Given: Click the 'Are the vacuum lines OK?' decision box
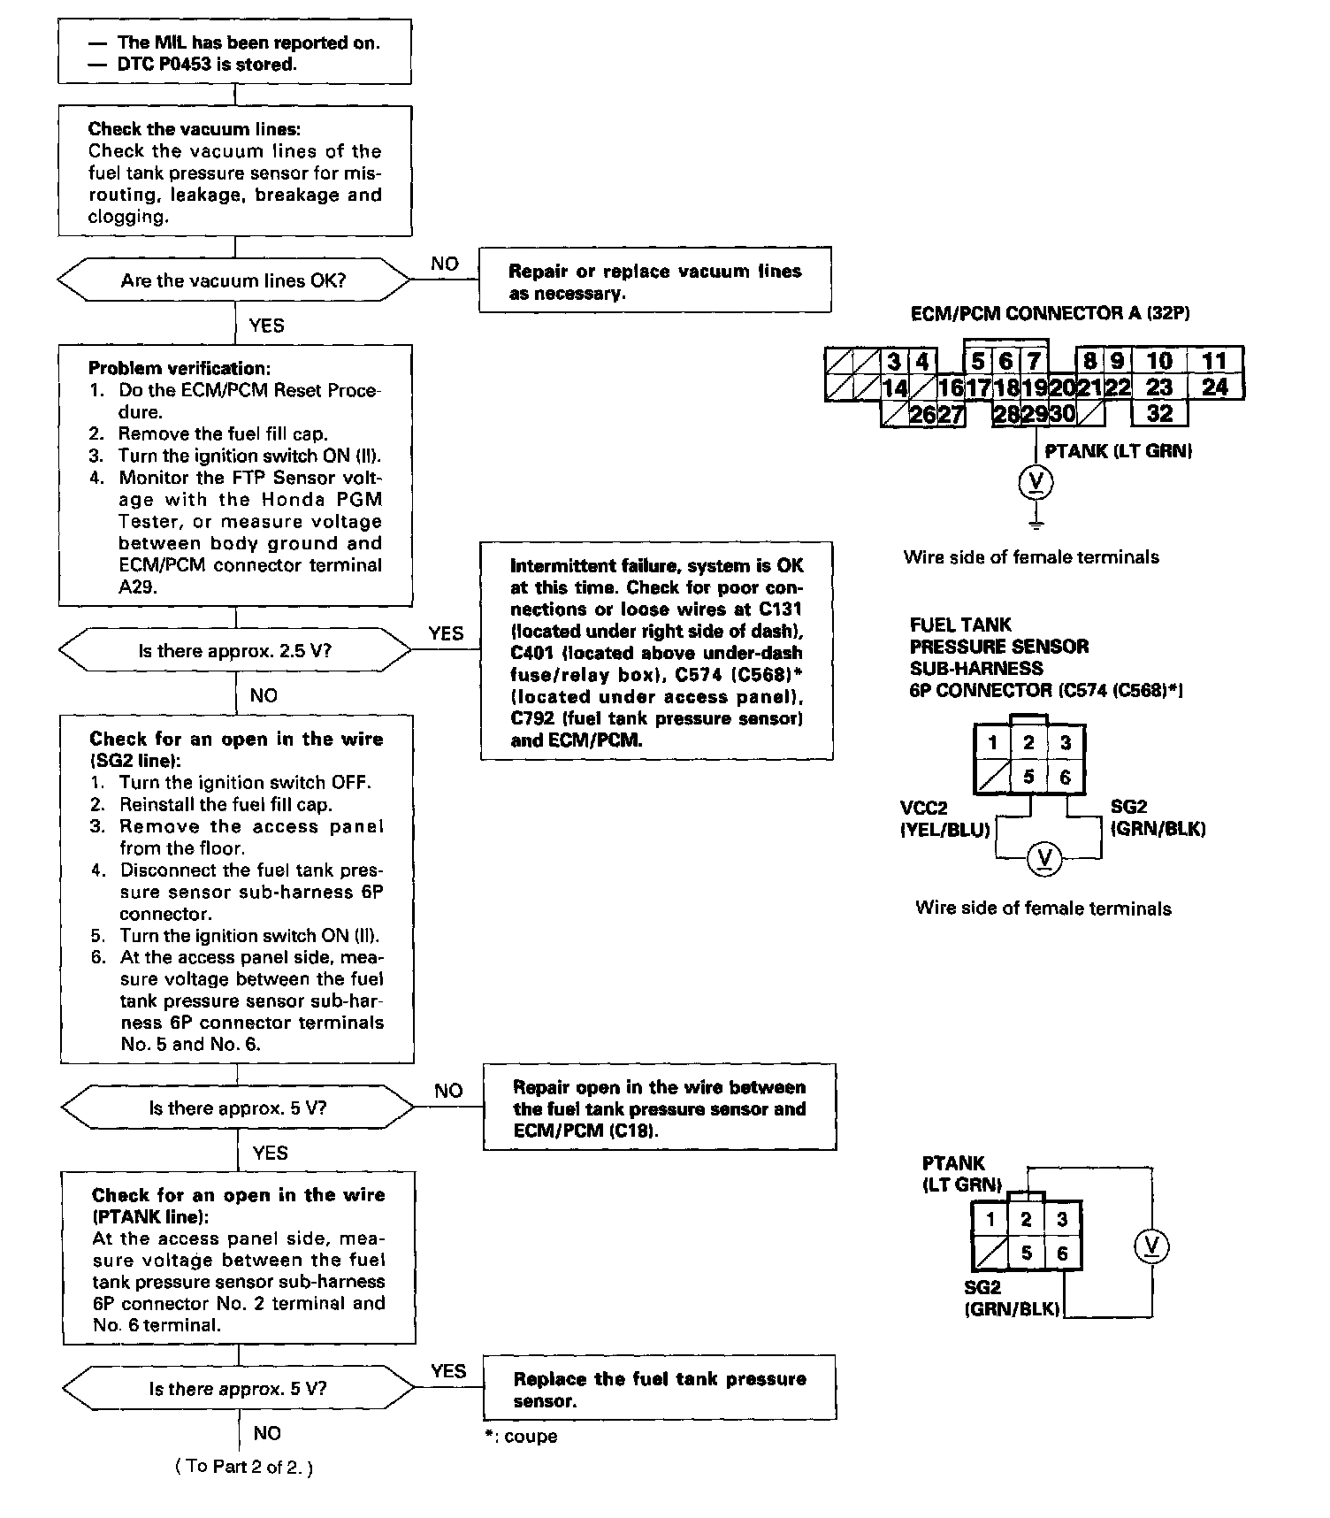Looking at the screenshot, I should [x=234, y=281].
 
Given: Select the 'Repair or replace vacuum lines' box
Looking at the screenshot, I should [x=654, y=281].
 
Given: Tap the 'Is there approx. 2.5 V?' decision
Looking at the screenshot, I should [x=234, y=651].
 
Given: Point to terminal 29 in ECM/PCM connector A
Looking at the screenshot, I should [x=1035, y=414].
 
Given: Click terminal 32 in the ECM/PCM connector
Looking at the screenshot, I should [x=1159, y=413].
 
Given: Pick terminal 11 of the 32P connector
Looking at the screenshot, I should [x=1215, y=360].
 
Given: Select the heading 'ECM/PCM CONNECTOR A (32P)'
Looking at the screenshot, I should [x=1050, y=314].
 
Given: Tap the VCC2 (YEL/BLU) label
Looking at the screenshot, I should [x=944, y=819].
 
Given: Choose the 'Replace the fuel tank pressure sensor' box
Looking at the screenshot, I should [x=659, y=1390].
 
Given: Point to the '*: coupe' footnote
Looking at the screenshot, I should [x=521, y=1436].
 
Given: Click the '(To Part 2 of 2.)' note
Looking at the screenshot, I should [x=244, y=1466].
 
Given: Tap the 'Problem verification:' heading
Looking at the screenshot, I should [x=180, y=368].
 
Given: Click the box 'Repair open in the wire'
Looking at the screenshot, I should [x=659, y=1108].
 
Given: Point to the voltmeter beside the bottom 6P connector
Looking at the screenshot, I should [x=1151, y=1247].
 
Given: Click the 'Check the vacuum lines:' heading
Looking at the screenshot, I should [x=194, y=129].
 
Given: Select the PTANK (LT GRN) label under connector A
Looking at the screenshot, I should [x=1118, y=451].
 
